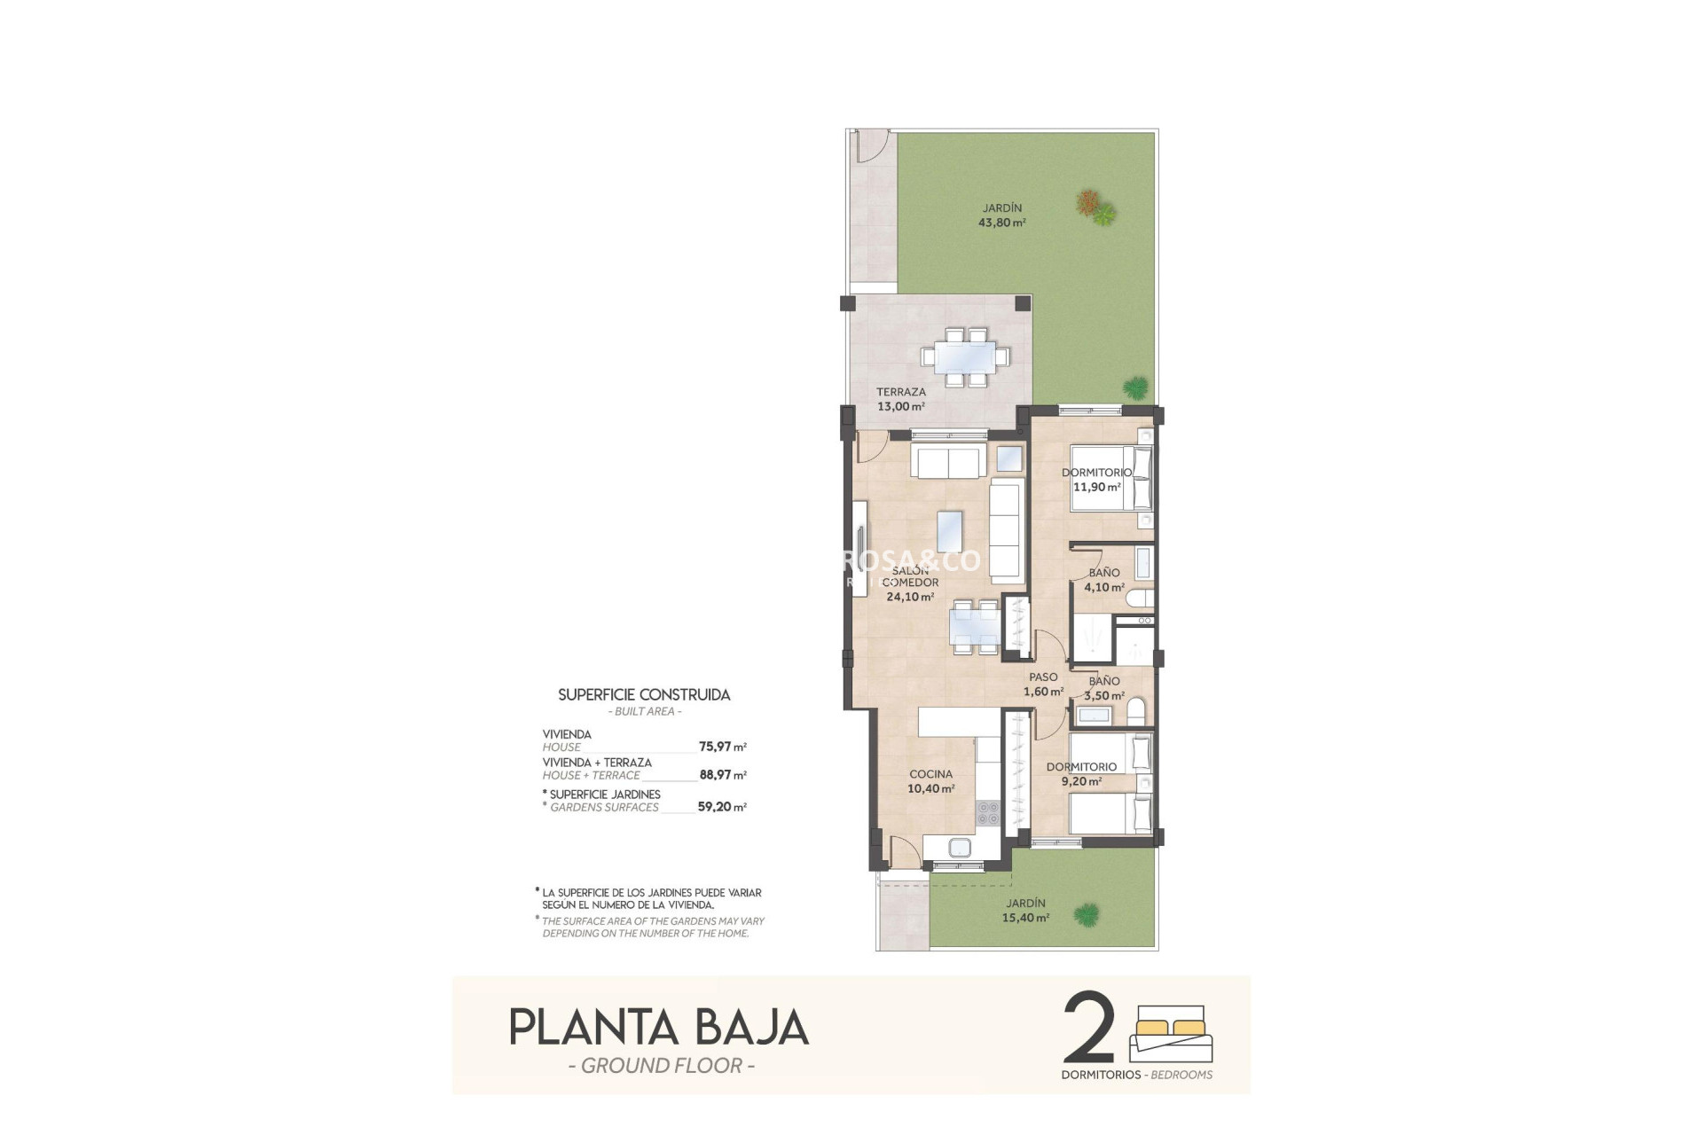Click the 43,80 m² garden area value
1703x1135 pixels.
click(1001, 223)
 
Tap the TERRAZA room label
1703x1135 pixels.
click(900, 392)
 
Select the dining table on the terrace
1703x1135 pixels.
click(965, 357)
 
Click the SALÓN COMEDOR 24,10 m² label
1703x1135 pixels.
click(910, 583)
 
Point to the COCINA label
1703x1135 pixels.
click(930, 774)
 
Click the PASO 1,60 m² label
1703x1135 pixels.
click(1043, 685)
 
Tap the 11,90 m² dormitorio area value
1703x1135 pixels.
click(1097, 487)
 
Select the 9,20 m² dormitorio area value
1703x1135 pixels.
click(1081, 781)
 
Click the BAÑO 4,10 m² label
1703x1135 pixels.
click(1104, 580)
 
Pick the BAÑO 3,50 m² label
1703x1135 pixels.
click(1104, 688)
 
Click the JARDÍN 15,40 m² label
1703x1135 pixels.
click(1025, 911)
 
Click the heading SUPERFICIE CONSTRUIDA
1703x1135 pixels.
click(644, 695)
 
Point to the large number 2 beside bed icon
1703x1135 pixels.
click(1088, 1029)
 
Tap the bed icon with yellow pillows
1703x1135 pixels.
click(1171, 1033)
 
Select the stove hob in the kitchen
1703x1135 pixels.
click(987, 813)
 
